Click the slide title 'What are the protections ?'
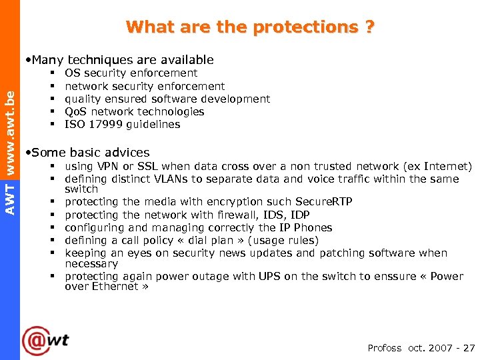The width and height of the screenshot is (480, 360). point(250,27)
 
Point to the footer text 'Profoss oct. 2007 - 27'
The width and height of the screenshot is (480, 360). point(421,348)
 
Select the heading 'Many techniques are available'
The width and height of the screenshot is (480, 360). point(121,59)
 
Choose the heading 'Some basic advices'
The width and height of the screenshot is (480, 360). point(89,153)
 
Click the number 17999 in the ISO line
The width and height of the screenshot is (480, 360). point(102,124)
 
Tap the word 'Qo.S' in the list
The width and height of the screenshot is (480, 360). point(76,111)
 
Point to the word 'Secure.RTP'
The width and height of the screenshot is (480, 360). point(325,202)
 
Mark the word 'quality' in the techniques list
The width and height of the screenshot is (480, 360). point(82,99)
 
